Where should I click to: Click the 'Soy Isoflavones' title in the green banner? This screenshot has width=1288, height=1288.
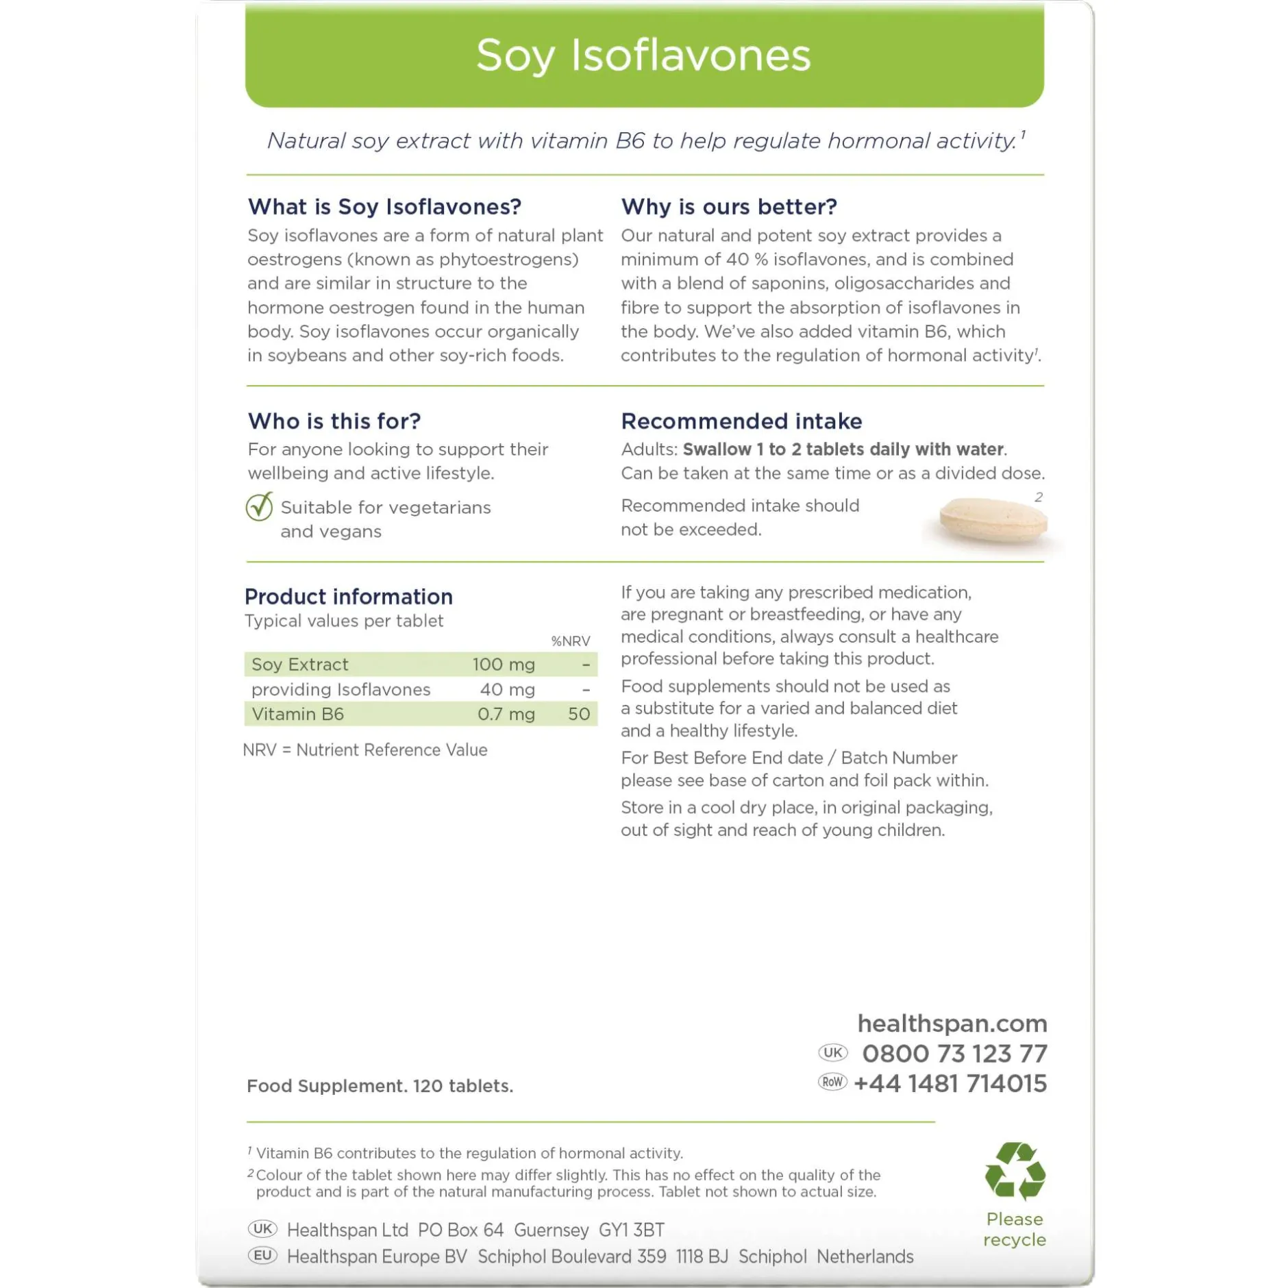(x=643, y=55)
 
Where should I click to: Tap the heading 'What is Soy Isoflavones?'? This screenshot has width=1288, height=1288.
(x=384, y=206)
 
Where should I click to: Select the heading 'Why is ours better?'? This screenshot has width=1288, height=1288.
(x=728, y=206)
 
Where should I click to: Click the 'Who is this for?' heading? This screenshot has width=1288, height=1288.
(x=334, y=421)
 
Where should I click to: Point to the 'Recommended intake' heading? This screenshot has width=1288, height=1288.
(x=741, y=421)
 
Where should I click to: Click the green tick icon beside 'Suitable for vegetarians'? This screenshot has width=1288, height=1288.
(x=260, y=507)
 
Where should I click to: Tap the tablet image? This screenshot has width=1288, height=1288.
(x=993, y=521)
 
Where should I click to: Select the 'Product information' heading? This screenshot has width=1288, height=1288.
(x=348, y=596)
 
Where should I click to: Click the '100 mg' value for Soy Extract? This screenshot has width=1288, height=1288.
(x=503, y=664)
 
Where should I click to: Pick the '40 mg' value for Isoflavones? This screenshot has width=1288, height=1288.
(x=507, y=689)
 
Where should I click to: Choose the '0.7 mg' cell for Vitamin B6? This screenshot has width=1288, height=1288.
(x=506, y=714)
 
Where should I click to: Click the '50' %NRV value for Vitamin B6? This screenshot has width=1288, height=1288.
(x=578, y=714)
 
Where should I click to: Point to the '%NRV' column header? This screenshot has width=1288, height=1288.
(x=570, y=641)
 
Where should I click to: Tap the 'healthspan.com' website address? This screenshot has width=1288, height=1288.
(x=952, y=1023)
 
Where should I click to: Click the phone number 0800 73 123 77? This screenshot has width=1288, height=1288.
(x=954, y=1053)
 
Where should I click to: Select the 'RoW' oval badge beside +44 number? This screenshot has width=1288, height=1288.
(x=832, y=1082)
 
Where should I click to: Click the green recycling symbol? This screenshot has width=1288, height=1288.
(x=1015, y=1171)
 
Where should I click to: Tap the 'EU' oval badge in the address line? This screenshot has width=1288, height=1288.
(x=262, y=1255)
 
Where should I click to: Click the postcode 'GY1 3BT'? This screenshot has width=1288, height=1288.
(x=631, y=1230)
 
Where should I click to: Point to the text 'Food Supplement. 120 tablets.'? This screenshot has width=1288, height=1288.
(x=380, y=1086)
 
